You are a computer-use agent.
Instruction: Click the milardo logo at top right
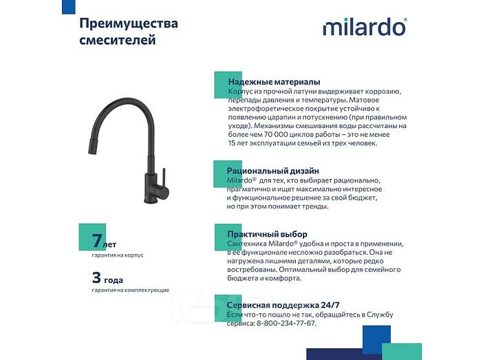coord(365,27)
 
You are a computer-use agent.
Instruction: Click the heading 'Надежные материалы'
coord(274,82)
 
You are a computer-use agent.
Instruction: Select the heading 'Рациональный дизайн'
coord(273,171)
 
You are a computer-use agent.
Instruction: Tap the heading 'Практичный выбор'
coord(267,234)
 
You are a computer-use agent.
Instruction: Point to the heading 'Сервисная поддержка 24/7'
coord(283,305)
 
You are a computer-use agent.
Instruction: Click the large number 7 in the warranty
coord(97,240)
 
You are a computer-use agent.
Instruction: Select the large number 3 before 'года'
coord(96,277)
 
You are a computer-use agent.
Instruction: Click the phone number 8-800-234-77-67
coord(286,324)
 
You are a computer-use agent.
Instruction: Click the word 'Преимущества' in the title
coord(129,23)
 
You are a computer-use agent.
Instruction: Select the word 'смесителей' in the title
coord(118,40)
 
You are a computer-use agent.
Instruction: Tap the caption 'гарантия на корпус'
coord(118,255)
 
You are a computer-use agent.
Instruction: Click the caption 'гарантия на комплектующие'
coord(130,290)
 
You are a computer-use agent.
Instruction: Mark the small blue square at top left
coord(69,7)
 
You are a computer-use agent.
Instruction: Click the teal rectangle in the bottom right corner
coord(402,351)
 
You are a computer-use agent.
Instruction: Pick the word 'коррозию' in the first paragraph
coord(385,92)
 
